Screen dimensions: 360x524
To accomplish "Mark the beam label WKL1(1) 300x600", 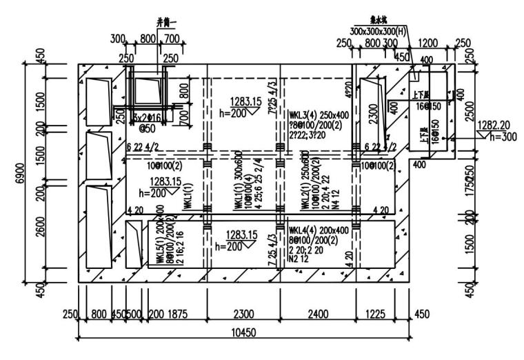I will pos(236,183).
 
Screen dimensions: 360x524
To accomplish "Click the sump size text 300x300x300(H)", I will pos(379,32).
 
